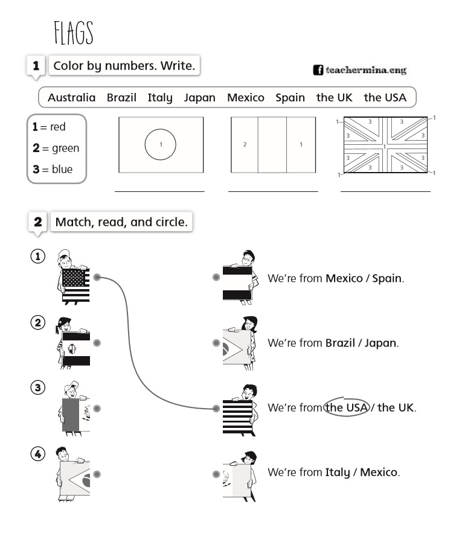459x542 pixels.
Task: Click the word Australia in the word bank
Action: tap(71, 97)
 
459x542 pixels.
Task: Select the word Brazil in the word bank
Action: tap(121, 97)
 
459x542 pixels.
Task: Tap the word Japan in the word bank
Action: tap(199, 97)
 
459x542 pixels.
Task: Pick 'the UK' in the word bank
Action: tap(334, 97)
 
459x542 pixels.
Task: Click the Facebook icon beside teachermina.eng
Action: tap(318, 70)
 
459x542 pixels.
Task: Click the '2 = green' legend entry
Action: tap(56, 148)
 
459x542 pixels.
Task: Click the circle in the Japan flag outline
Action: tap(161, 145)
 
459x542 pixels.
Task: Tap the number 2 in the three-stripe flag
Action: tap(245, 145)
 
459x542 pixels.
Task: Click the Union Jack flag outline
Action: tap(385, 145)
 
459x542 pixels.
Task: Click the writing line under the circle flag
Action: tap(159, 190)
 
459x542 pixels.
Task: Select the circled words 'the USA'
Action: tap(346, 407)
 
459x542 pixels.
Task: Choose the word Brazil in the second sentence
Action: tap(340, 343)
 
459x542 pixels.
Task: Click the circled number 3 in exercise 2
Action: tap(38, 387)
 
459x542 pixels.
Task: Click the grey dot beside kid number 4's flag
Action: tap(97, 474)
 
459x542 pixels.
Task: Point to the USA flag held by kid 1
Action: tap(76, 285)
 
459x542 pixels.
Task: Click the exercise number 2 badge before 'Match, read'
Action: tap(38, 222)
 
